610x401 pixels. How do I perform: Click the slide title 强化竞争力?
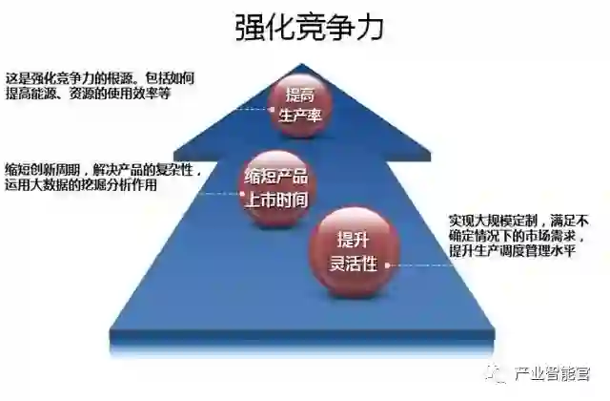309,28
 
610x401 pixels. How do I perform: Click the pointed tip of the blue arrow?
303,67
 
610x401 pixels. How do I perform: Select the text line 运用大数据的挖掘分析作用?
82,185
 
